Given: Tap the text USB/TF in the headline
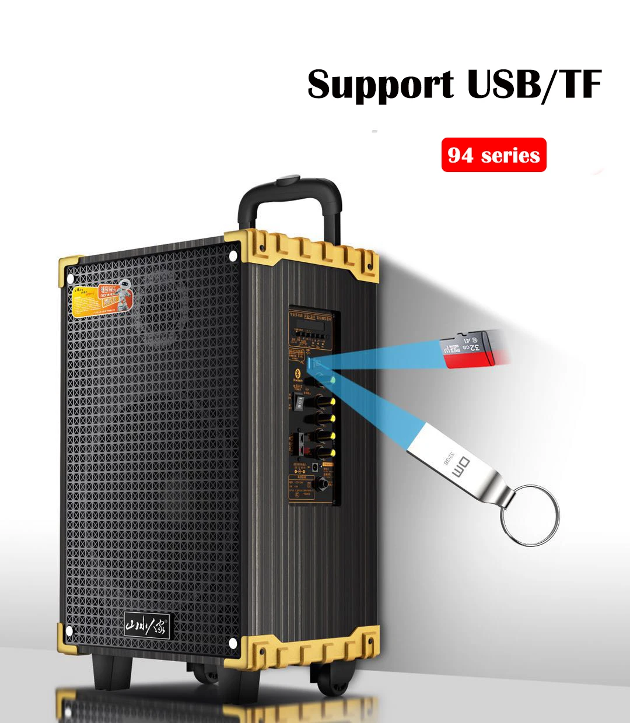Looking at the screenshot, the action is tap(534, 85).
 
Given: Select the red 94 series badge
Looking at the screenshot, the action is tap(494, 155).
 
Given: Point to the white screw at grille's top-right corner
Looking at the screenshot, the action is tap(233, 255).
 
